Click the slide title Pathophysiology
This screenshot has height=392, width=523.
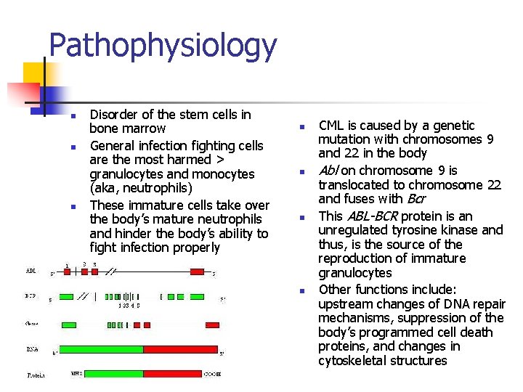pyautogui.click(x=163, y=45)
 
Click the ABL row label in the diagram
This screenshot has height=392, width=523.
pyautogui.click(x=31, y=271)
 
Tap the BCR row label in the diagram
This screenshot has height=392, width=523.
pyautogui.click(x=31, y=297)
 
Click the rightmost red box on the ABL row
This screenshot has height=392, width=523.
pyautogui.click(x=197, y=271)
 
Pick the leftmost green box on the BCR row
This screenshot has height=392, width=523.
pyautogui.click(x=66, y=296)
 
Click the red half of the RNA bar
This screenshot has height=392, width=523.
pyautogui.click(x=180, y=349)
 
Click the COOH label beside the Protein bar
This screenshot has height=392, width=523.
pyautogui.click(x=211, y=375)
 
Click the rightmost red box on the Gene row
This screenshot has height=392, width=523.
pyautogui.click(x=212, y=324)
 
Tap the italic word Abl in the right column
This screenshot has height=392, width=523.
pyautogui.click(x=328, y=171)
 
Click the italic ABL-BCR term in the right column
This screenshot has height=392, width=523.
pyautogui.click(x=372, y=216)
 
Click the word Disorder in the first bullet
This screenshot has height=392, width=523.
pyautogui.click(x=113, y=115)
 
